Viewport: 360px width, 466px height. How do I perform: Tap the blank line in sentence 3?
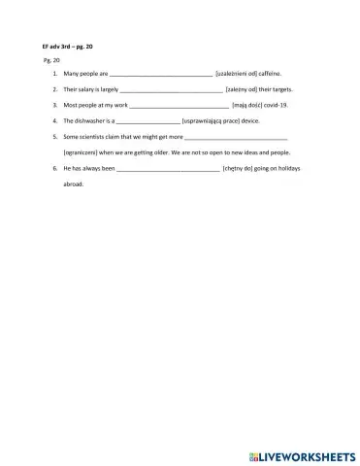[x=178, y=105]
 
